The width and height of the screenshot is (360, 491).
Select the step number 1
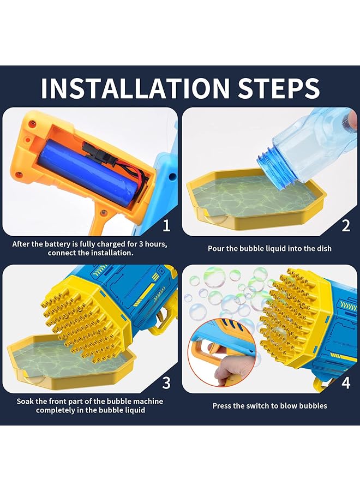pyautogui.click(x=166, y=225)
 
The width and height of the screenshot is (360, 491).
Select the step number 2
pyautogui.click(x=346, y=225)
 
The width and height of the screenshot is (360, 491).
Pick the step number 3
pyautogui.click(x=166, y=382)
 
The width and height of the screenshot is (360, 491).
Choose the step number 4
pyautogui.click(x=346, y=382)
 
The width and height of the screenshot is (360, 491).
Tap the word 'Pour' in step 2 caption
pyautogui.click(x=215, y=249)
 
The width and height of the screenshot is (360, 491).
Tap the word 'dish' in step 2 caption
pyautogui.click(x=324, y=249)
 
